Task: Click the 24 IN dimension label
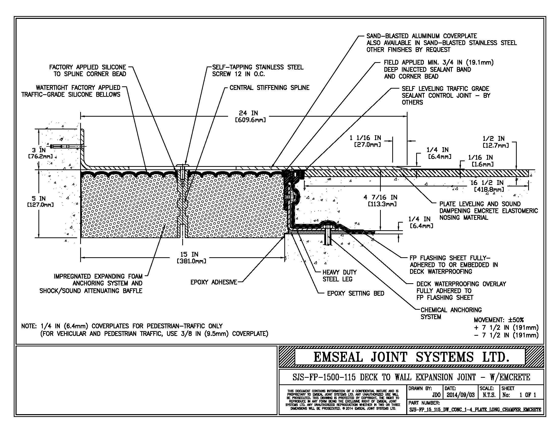pos(248,113)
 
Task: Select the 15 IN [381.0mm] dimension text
pos(189,258)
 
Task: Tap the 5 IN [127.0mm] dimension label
pos(39,201)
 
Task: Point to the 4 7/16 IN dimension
pos(380,200)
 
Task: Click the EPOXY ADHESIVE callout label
pos(214,282)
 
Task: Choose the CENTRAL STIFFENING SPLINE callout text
pos(269,88)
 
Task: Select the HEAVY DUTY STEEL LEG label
pos(340,276)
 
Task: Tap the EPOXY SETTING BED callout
pos(356,293)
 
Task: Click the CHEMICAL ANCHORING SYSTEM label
pos(451,313)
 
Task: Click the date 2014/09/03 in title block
pos(460,395)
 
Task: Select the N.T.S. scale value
pos(489,395)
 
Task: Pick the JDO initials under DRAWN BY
pos(436,395)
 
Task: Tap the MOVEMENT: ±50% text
pos(498,320)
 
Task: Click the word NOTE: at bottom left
pos(30,326)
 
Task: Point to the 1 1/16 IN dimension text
pos(365,141)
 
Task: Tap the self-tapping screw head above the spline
pos(183,165)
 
